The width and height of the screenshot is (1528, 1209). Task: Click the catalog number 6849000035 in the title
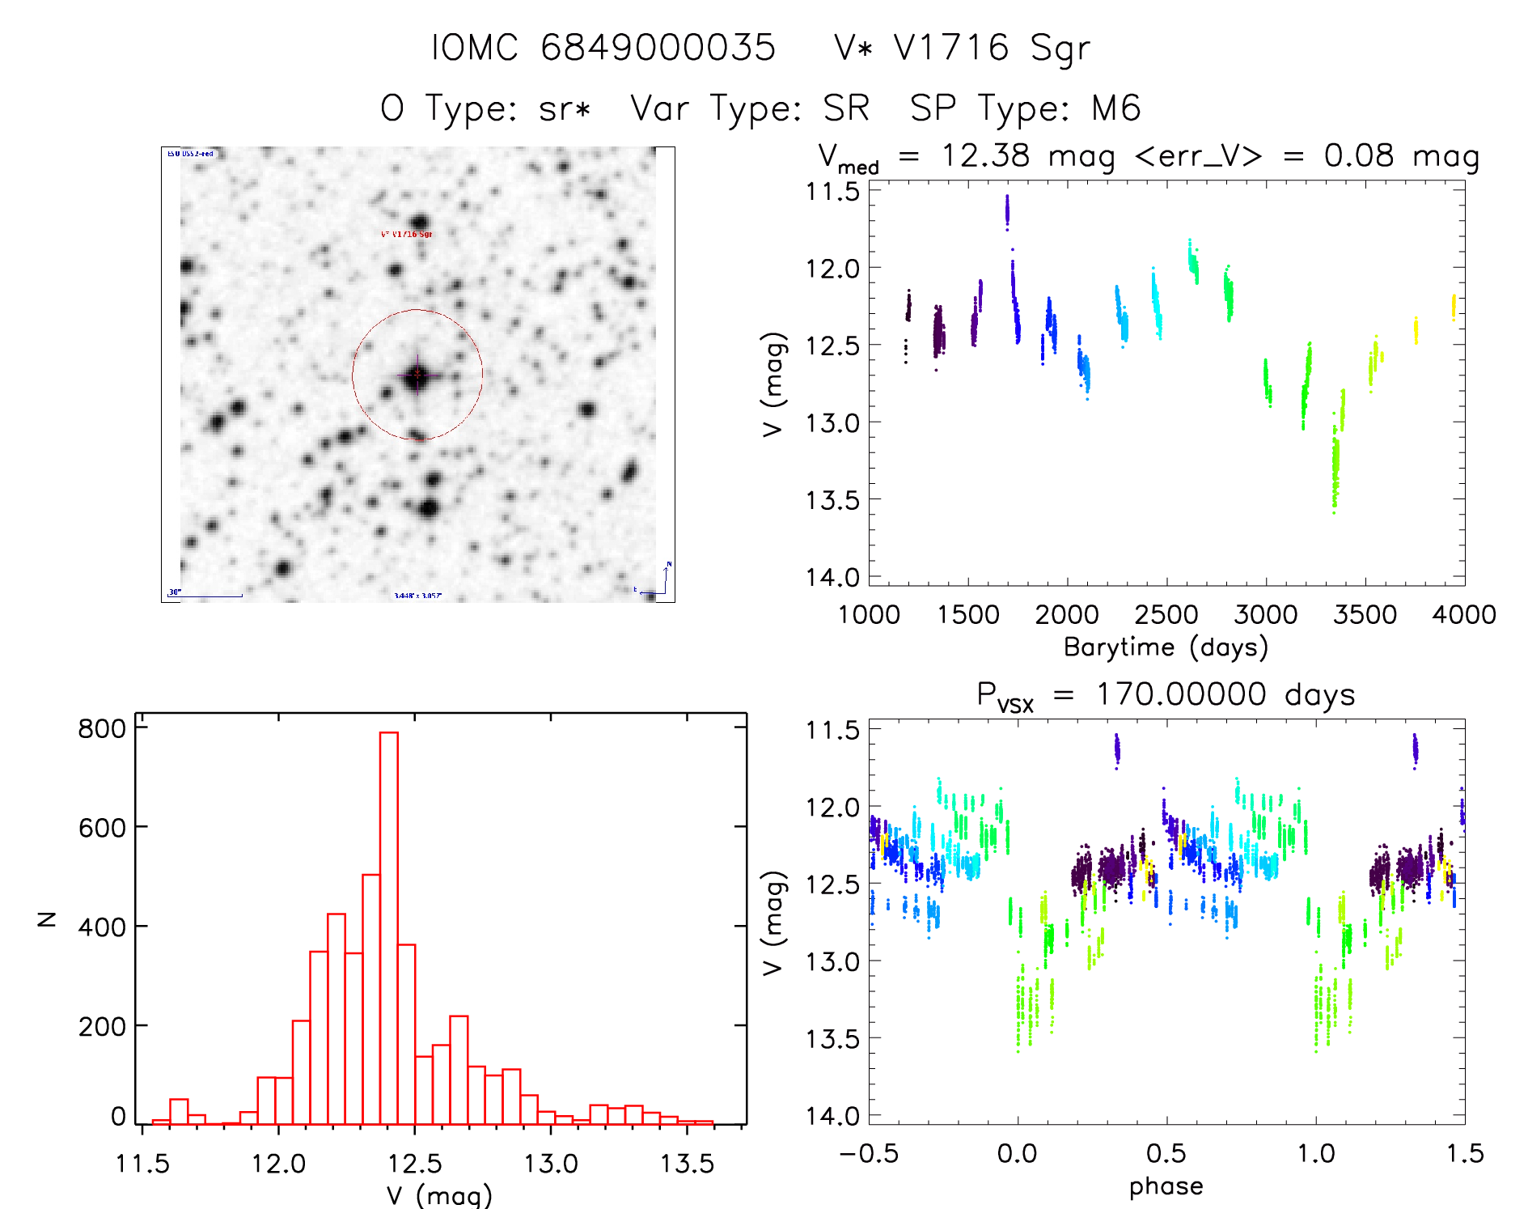tap(658, 48)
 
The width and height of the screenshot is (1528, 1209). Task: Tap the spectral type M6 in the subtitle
tap(1115, 108)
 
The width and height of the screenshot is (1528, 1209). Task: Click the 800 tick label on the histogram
tap(102, 728)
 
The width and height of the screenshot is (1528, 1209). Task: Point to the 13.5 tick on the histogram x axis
tap(687, 1164)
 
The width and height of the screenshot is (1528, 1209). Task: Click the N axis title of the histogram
tap(47, 919)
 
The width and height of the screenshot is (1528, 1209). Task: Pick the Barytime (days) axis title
tap(1166, 647)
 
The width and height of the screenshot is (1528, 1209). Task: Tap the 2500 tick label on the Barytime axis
tap(1166, 614)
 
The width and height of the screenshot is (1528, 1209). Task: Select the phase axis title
tap(1166, 1186)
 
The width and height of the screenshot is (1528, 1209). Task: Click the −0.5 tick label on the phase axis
tap(868, 1153)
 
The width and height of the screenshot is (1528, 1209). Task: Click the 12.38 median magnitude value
tap(985, 155)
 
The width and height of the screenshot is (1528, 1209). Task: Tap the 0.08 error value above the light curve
tap(1358, 155)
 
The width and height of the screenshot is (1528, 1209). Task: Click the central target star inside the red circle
tap(417, 374)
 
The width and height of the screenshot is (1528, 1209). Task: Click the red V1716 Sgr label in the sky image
tap(406, 234)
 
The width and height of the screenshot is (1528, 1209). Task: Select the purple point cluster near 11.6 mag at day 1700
tap(1007, 211)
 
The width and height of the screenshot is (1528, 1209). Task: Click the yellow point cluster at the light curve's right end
tap(1453, 308)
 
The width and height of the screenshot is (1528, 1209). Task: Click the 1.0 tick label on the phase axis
tap(1315, 1153)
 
